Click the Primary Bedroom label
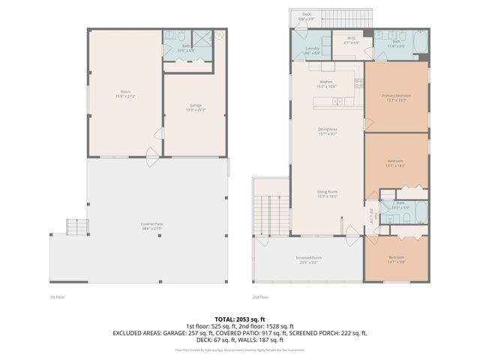395,96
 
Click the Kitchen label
326,82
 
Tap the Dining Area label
326,130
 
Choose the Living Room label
326,193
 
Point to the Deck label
306,15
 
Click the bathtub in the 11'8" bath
421,41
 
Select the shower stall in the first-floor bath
202,40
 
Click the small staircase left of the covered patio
76,226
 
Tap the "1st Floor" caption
58,297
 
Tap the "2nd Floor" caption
259,297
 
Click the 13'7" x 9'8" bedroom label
395,260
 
